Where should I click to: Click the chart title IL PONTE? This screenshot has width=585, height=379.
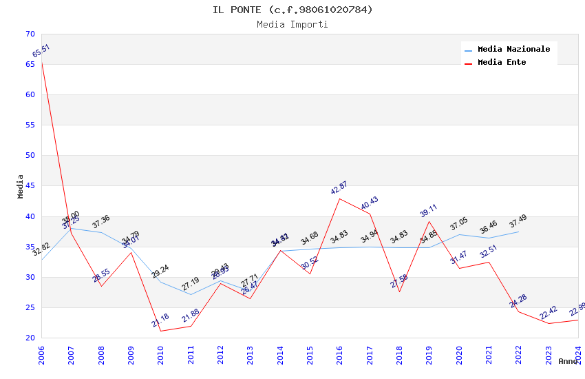pyautogui.click(x=292, y=10)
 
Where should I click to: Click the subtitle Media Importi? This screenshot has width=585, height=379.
pyautogui.click(x=292, y=25)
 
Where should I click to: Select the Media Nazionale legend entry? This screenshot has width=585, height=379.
pyautogui.click(x=513, y=50)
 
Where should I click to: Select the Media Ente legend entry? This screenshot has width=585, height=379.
pyautogui.click(x=502, y=63)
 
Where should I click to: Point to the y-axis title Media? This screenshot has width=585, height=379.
pyautogui.click(x=20, y=186)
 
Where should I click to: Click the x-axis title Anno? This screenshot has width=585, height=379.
pyautogui.click(x=568, y=361)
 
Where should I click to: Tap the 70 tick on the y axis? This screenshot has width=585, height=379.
pyautogui.click(x=30, y=34)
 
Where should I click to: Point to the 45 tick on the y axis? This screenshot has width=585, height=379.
pyautogui.click(x=30, y=186)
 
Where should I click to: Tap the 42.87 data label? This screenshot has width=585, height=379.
pyautogui.click(x=339, y=189)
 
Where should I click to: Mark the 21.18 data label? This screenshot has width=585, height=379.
pyautogui.click(x=160, y=320)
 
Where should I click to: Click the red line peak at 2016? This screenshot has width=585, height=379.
pyautogui.click(x=340, y=198)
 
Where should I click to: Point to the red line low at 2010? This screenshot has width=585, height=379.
pyautogui.click(x=161, y=331)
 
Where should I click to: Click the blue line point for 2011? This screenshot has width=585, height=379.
pyautogui.click(x=191, y=294)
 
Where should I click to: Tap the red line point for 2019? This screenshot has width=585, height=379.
pyautogui.click(x=429, y=221)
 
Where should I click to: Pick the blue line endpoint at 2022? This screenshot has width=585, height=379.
pyautogui.click(x=518, y=232)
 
